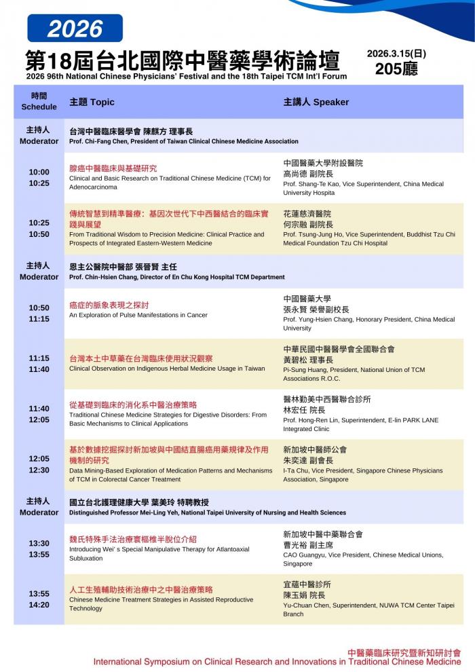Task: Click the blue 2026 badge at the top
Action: click(75, 29)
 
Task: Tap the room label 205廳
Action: click(396, 69)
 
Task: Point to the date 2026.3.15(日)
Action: click(396, 54)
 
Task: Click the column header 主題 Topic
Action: click(92, 102)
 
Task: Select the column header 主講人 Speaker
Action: click(316, 102)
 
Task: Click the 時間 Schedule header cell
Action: click(39, 102)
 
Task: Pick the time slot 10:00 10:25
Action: click(39, 178)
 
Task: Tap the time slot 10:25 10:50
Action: click(39, 229)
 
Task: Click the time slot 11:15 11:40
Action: click(39, 364)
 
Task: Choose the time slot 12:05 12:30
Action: click(39, 464)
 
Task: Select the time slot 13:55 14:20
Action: click(39, 599)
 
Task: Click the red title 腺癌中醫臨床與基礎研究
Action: click(113, 168)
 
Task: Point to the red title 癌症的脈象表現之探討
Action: click(109, 305)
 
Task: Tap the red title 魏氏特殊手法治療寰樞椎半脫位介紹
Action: click(133, 539)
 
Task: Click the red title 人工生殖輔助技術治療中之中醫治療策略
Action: click(140, 590)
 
